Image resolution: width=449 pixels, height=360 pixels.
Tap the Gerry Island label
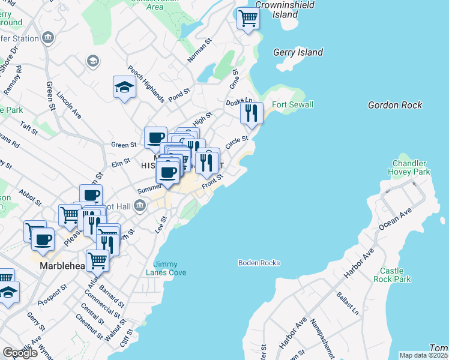click(298, 53)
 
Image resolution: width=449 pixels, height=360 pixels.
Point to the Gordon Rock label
click(395, 105)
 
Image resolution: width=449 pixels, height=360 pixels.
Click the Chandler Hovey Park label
click(411, 167)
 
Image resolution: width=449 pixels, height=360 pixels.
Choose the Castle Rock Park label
click(391, 275)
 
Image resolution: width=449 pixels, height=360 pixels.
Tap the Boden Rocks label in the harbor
click(259, 263)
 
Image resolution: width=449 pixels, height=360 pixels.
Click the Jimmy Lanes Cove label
click(169, 268)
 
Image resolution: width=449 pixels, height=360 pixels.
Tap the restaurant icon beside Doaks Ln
click(252, 113)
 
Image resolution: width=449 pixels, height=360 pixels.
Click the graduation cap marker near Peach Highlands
click(124, 88)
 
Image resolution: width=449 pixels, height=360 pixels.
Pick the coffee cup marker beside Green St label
click(155, 137)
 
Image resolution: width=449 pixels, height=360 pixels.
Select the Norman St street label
click(200, 52)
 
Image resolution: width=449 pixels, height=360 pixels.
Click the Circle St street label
click(237, 143)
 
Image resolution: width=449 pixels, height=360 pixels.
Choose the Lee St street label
click(160, 224)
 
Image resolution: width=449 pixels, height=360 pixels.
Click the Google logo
click(20, 353)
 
